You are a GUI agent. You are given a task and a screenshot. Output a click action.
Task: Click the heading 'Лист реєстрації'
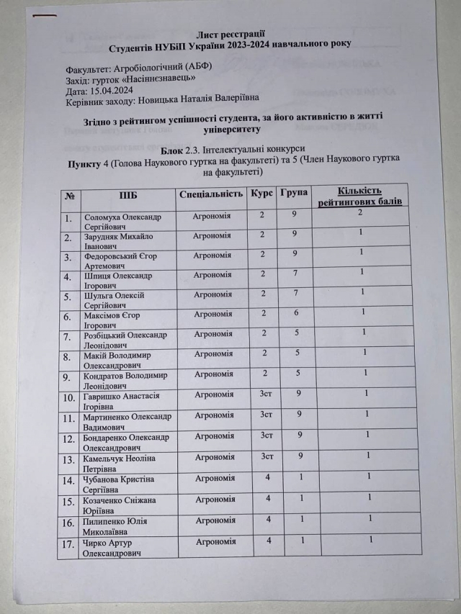click(x=230, y=33)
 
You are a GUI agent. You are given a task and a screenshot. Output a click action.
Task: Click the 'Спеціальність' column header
click(x=210, y=194)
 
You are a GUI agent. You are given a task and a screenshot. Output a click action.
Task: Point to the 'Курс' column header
click(x=261, y=194)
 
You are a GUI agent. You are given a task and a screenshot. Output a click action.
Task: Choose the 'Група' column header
click(x=293, y=194)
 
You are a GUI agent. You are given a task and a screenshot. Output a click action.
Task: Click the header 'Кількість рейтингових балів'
click(x=359, y=197)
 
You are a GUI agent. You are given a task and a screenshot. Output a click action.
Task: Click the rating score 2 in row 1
click(x=359, y=213)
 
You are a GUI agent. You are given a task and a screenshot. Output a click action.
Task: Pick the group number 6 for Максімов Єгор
click(x=294, y=313)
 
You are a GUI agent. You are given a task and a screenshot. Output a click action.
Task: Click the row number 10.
click(x=69, y=397)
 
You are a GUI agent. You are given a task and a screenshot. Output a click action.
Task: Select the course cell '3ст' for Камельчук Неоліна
click(x=266, y=455)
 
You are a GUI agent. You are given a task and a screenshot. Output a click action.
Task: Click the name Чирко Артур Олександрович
click(x=120, y=547)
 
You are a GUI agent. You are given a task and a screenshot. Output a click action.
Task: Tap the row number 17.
click(x=69, y=545)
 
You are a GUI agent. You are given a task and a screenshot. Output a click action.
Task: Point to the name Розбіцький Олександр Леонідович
click(x=125, y=339)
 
